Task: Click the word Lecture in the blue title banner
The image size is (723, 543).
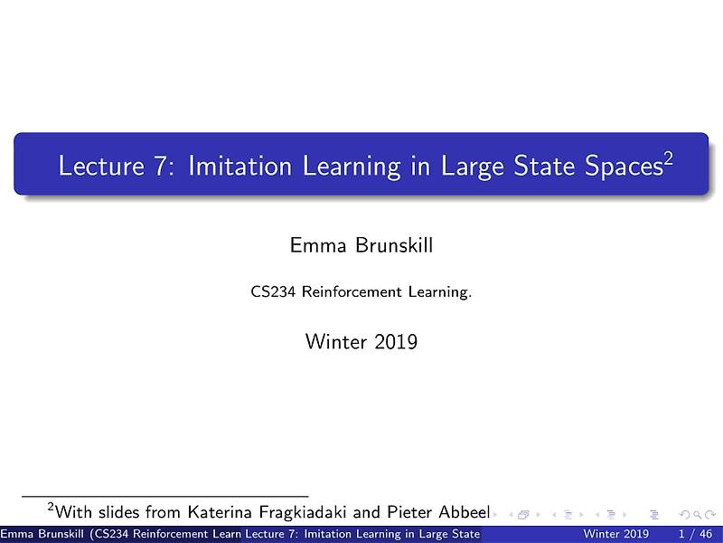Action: tap(94, 167)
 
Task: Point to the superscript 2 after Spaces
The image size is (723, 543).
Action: tap(668, 158)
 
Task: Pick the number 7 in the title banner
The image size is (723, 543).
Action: tap(158, 167)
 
